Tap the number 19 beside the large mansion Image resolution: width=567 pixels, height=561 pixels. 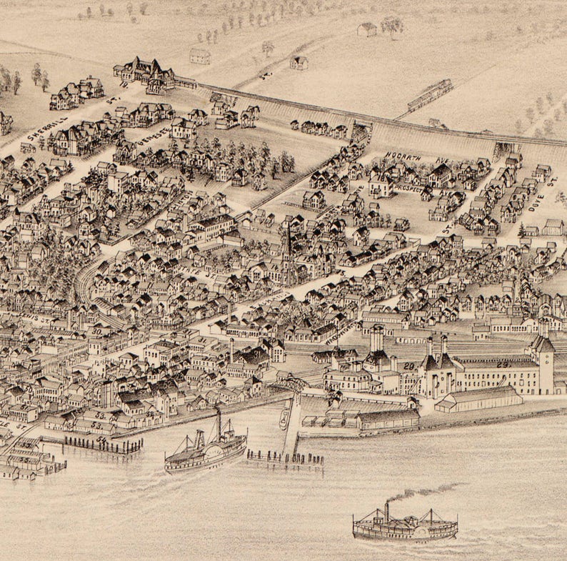tap(123, 84)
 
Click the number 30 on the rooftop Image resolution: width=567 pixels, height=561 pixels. tap(96, 331)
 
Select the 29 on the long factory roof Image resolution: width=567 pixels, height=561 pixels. tap(503, 364)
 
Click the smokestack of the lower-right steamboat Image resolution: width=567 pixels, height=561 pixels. tap(386, 512)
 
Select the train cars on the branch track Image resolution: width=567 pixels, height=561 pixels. tap(429, 94)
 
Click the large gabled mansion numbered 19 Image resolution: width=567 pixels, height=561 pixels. tap(146, 73)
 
